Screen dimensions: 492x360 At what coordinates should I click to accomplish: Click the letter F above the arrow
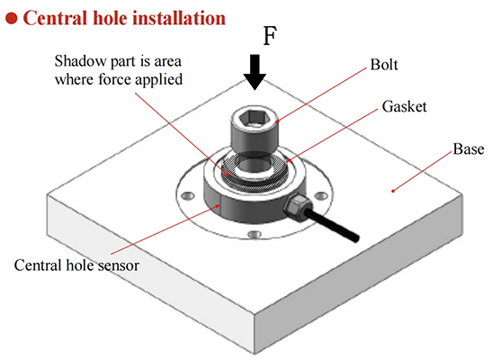[270, 36]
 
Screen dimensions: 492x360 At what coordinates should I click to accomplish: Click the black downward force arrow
[255, 72]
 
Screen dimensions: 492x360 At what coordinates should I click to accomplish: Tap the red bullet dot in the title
[12, 18]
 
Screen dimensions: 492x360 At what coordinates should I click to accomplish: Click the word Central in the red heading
[54, 18]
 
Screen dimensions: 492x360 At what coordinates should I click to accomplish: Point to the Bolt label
[384, 65]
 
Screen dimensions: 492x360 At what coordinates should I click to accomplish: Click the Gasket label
[404, 107]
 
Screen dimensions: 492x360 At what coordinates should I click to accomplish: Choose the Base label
[468, 148]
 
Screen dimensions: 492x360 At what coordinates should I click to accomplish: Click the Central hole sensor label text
[76, 265]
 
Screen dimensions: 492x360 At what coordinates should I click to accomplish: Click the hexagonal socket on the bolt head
[255, 119]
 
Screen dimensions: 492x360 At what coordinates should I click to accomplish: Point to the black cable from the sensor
[332, 225]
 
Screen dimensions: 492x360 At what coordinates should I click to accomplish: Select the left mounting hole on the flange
[188, 196]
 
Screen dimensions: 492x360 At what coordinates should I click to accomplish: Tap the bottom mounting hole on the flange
[255, 234]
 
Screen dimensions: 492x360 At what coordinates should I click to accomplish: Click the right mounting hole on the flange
[321, 196]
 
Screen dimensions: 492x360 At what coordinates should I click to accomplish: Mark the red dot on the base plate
[393, 191]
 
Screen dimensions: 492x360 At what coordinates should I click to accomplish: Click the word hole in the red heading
[107, 18]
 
